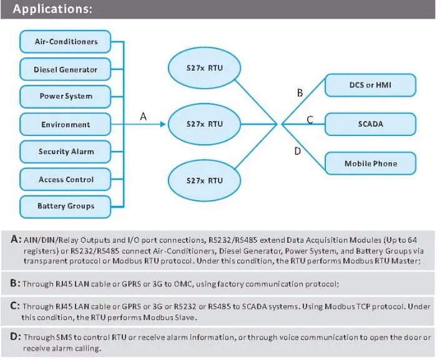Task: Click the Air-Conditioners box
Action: [65, 42]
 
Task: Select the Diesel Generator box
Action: [65, 69]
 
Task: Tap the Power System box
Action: [65, 97]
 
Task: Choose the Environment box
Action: [65, 124]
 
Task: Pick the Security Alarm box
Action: [65, 152]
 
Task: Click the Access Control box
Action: [65, 180]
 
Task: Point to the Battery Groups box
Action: [65, 207]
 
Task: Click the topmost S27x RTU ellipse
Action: [204, 68]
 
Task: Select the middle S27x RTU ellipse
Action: [204, 124]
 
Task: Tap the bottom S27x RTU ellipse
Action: [204, 180]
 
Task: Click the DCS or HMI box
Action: [370, 85]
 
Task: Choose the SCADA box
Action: [370, 124]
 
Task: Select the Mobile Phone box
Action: [370, 163]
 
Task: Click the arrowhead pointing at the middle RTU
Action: [163, 124]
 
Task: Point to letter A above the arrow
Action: [143, 116]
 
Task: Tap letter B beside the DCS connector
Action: [300, 93]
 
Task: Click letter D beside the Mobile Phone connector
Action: [297, 151]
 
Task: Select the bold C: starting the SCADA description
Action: [15, 306]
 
